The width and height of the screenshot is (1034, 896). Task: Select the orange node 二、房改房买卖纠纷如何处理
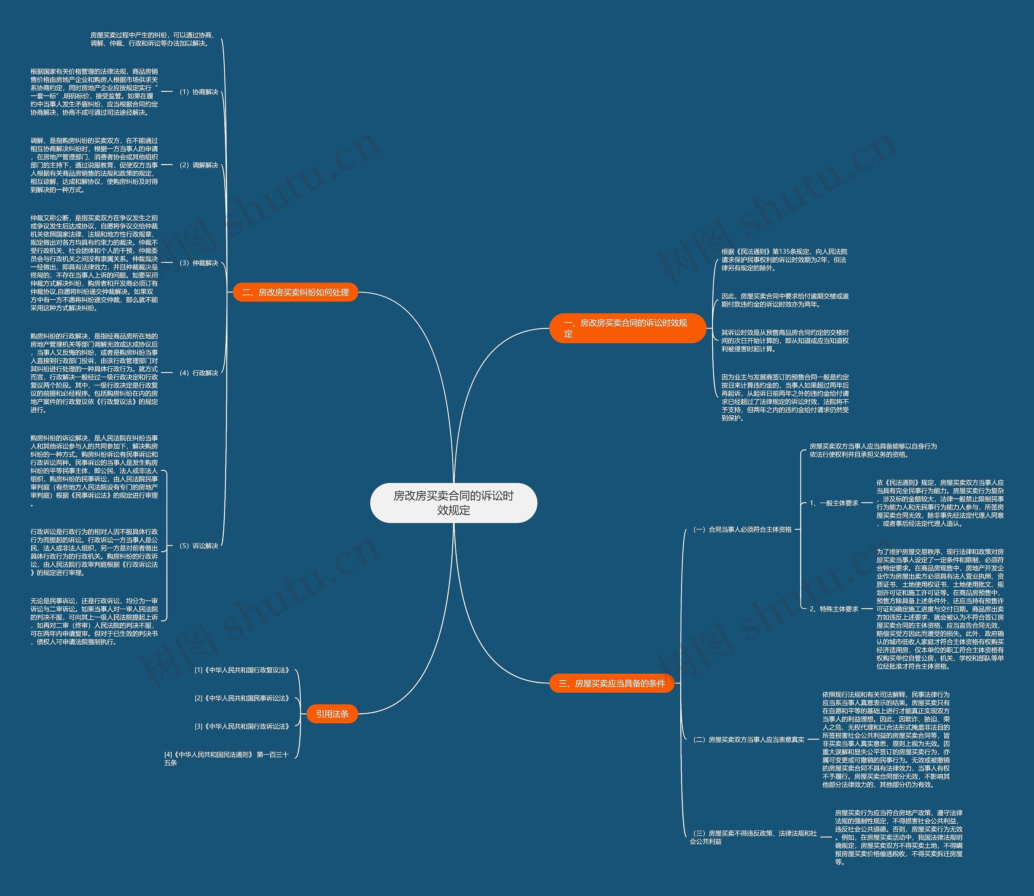[295, 292]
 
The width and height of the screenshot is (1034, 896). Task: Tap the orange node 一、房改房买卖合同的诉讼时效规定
[627, 328]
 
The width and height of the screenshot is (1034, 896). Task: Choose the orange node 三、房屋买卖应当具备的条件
[612, 683]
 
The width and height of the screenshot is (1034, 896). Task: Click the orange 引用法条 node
[332, 713]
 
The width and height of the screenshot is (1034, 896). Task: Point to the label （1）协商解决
[198, 92]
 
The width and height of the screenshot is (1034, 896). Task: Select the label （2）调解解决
[198, 165]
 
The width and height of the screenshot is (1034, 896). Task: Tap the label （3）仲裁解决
[198, 263]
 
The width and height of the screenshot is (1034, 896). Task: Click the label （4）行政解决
[198, 373]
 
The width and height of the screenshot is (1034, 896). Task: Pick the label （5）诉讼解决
[198, 546]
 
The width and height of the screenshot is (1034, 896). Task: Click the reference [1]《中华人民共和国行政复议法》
[242, 670]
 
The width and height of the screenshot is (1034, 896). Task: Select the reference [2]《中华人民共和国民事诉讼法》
[242, 698]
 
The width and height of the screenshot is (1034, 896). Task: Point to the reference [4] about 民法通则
[227, 759]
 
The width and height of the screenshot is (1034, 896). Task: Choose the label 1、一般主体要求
[834, 503]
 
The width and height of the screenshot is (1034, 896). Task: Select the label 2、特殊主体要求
[834, 609]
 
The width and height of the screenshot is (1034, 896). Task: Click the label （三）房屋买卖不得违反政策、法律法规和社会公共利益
[754, 837]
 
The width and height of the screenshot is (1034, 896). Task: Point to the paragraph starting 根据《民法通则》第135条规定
[785, 259]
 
